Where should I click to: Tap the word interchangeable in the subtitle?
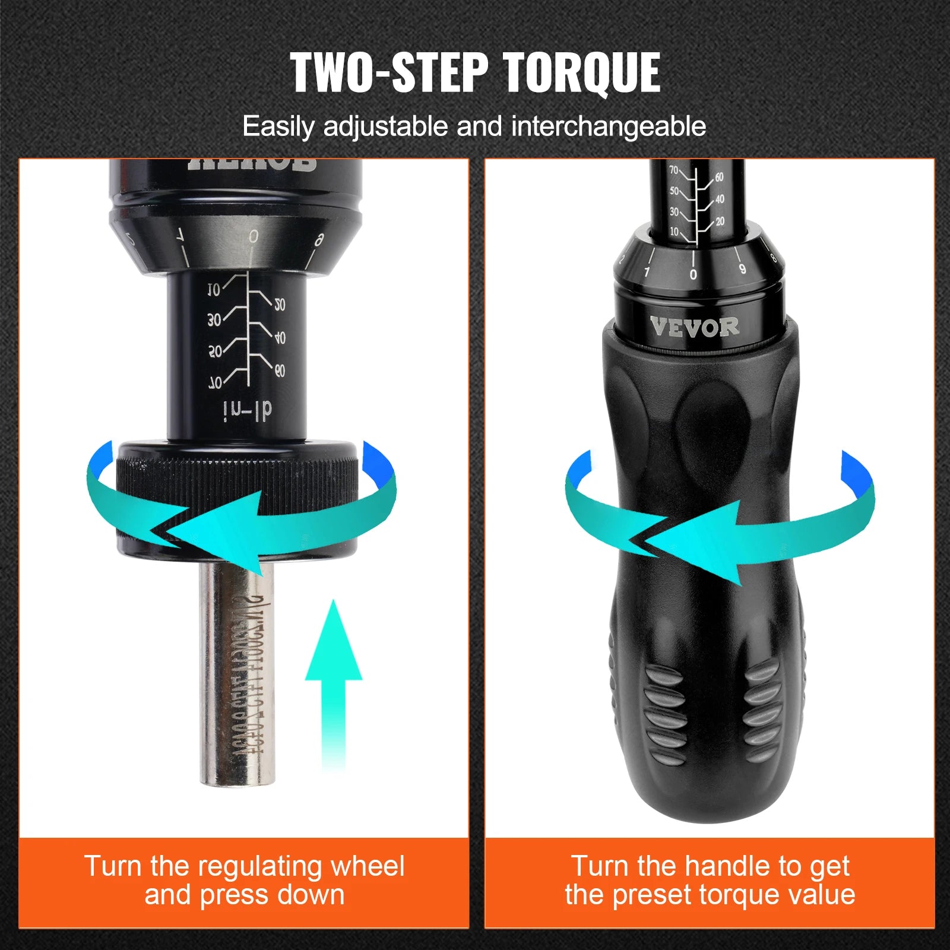pyautogui.click(x=609, y=126)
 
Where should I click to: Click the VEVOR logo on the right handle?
pyautogui.click(x=694, y=327)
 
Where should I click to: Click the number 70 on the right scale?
pyautogui.click(x=674, y=170)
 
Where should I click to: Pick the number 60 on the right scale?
pyautogui.click(x=719, y=178)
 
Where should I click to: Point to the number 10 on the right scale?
pyautogui.click(x=674, y=232)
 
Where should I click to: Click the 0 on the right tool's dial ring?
pyautogui.click(x=693, y=275)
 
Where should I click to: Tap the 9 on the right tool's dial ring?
pyautogui.click(x=742, y=269)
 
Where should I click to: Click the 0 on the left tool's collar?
pyautogui.click(x=254, y=237)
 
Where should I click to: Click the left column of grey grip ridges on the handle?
pyautogui.click(x=666, y=712)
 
